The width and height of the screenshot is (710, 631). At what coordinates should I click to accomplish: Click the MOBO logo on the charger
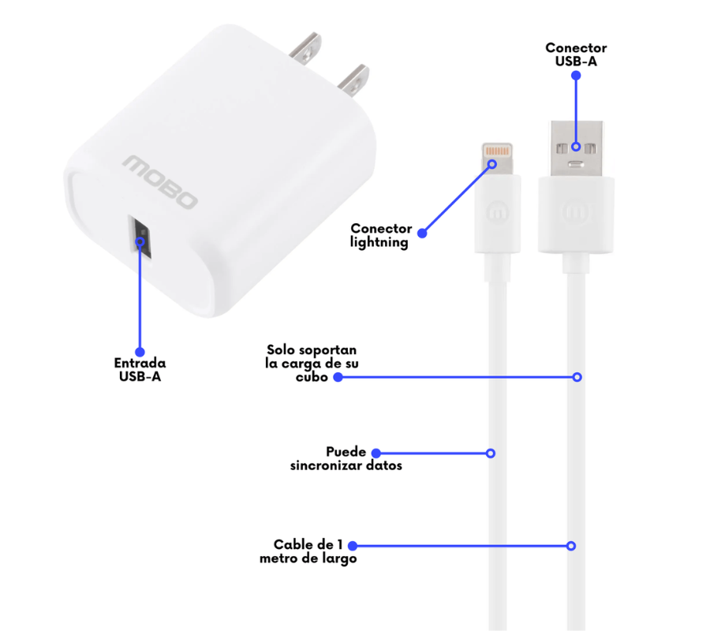click(x=159, y=182)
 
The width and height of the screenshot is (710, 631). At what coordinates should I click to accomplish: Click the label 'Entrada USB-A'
click(x=140, y=370)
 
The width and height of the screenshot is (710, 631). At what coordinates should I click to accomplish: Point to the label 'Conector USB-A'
click(x=576, y=54)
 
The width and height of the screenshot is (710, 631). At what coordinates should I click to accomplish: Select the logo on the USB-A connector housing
click(x=576, y=211)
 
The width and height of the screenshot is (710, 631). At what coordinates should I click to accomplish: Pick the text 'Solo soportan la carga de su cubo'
click(x=312, y=362)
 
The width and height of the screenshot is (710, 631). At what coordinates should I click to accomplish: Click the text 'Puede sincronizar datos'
click(x=346, y=459)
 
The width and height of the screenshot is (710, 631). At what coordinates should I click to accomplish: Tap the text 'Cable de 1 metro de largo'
click(x=308, y=551)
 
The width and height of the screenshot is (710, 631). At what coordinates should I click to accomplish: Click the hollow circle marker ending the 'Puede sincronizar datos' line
click(x=491, y=454)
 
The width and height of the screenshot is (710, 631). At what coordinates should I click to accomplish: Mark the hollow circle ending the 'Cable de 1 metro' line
click(x=571, y=546)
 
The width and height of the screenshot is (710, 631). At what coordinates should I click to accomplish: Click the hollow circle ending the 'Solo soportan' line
click(x=577, y=377)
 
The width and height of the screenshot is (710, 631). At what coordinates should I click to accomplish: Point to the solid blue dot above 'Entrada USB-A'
click(x=140, y=352)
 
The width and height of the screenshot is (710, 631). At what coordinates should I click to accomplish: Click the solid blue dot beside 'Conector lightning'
click(x=422, y=233)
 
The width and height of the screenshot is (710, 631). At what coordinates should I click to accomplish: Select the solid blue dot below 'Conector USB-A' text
click(x=576, y=76)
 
